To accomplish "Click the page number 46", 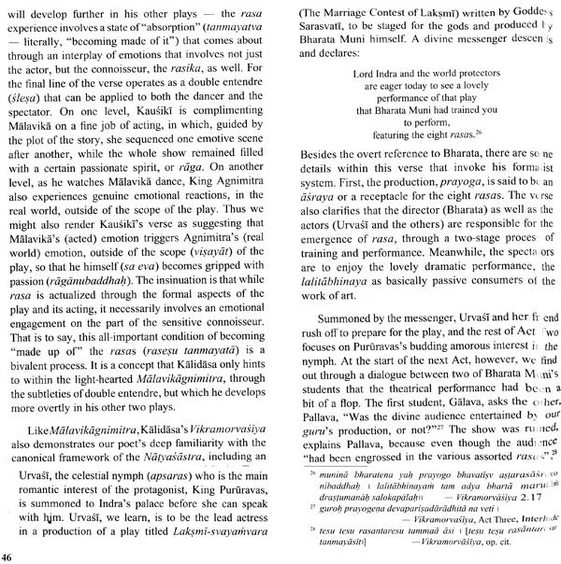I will [x=7, y=557].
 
